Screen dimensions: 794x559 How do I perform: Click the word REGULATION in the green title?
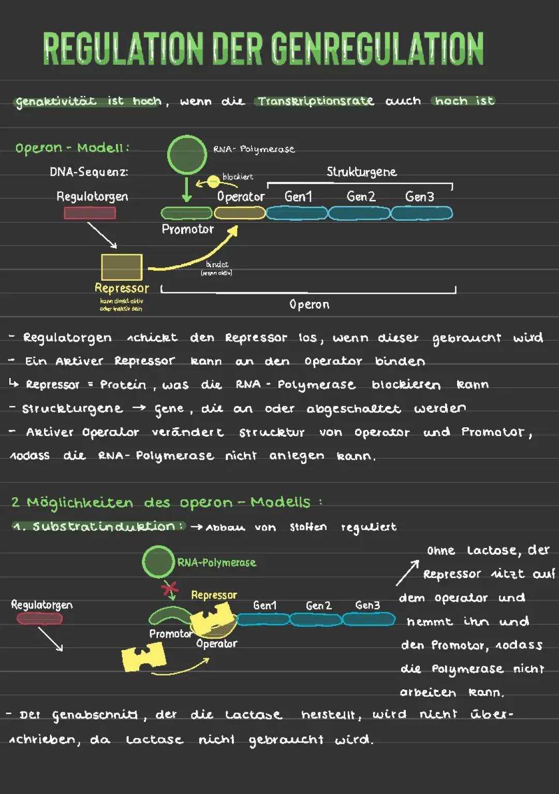(x=123, y=49)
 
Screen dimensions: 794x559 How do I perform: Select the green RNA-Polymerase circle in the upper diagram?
(x=187, y=155)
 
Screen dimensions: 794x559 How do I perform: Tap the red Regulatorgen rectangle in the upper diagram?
(x=90, y=213)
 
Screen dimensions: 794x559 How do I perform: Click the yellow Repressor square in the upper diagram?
(x=122, y=267)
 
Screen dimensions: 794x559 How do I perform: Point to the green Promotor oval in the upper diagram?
(x=186, y=213)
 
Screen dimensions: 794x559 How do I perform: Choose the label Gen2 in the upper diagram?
(x=361, y=197)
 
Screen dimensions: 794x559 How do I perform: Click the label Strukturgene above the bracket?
(x=361, y=172)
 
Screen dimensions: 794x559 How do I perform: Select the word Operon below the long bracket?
(x=309, y=305)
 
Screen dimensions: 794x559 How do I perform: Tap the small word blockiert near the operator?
(x=238, y=177)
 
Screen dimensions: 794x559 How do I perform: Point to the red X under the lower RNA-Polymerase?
(x=169, y=588)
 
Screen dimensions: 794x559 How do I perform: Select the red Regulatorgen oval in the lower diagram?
(x=39, y=618)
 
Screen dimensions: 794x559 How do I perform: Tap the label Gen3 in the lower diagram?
(x=367, y=605)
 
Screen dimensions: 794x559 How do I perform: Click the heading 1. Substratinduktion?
(x=98, y=527)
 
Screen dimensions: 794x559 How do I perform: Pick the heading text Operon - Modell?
(x=72, y=148)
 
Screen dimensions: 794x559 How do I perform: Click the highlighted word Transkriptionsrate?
(x=316, y=101)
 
